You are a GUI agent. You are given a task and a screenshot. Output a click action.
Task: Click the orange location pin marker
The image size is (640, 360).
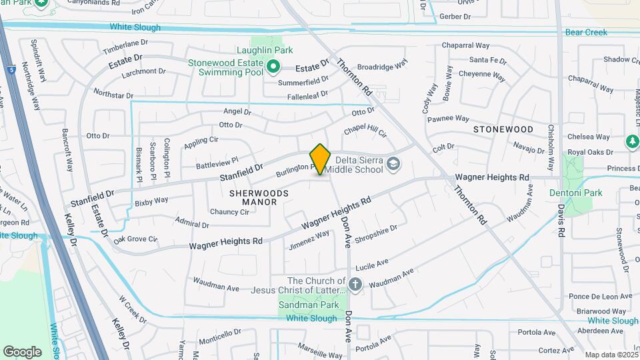tap(320, 159)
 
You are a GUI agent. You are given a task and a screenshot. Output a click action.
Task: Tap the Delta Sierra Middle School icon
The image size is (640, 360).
tap(393, 163)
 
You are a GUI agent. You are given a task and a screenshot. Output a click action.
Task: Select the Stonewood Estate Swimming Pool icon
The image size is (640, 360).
tap(273, 67)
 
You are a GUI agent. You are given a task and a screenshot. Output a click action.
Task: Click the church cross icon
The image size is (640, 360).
tap(355, 285)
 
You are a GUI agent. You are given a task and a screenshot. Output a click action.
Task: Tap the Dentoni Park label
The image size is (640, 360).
tap(575, 193)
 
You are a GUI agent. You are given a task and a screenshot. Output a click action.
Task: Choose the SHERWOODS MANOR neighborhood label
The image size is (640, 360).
tap(259, 197)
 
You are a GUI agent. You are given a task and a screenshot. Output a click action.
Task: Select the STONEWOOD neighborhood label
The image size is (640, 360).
tap(503, 129)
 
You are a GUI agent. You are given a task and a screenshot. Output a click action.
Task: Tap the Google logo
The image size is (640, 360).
tap(22, 351)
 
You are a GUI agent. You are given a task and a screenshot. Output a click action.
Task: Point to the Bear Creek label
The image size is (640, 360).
tap(586, 32)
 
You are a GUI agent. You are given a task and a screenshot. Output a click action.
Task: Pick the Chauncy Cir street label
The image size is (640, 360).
tap(229, 212)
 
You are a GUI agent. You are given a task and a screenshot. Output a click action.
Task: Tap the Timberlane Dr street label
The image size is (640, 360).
tap(125, 47)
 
